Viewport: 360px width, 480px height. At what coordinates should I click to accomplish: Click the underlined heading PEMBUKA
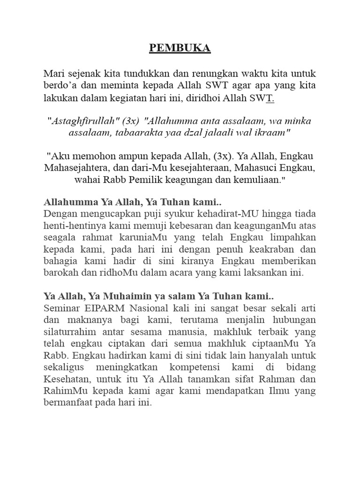(x=180, y=48)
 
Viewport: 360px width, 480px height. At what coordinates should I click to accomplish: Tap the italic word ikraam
(x=273, y=133)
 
